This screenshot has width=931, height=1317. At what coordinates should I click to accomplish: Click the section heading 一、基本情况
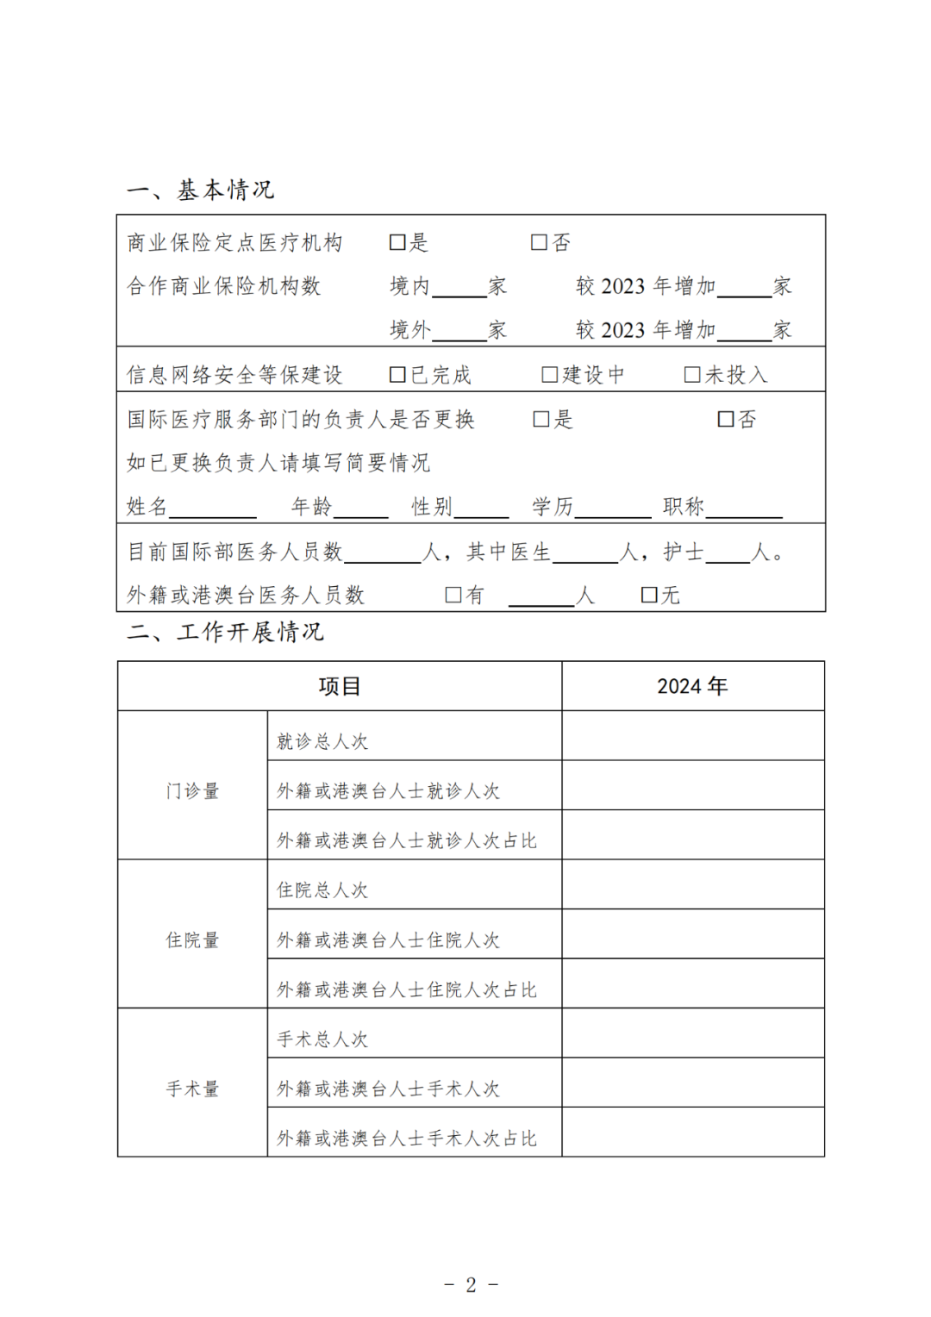200,190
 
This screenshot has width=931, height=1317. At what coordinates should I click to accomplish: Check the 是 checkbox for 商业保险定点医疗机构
397,243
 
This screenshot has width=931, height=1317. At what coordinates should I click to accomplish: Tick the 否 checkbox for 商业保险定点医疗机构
539,243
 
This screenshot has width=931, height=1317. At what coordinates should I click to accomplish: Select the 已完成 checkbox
397,375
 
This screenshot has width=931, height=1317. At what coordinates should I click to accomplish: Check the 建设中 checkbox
549,375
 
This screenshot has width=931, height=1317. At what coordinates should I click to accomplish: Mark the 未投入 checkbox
691,375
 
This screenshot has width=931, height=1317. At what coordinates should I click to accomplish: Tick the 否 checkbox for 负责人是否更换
726,420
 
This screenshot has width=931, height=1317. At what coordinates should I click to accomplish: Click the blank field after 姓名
213,509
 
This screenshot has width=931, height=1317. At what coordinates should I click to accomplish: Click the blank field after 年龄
360,509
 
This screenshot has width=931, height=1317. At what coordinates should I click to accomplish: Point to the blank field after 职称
744,509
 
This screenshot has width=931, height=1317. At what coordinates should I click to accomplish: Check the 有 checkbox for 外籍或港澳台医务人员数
453,596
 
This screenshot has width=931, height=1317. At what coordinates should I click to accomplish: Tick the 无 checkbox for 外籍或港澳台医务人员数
650,596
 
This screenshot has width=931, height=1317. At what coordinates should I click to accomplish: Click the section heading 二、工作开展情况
225,633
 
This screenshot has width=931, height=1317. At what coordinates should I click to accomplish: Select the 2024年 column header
692,686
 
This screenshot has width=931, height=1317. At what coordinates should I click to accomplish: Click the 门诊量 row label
192,791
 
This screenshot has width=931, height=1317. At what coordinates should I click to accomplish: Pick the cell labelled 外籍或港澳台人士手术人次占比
407,1139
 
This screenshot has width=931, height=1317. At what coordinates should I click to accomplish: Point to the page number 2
471,1285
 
